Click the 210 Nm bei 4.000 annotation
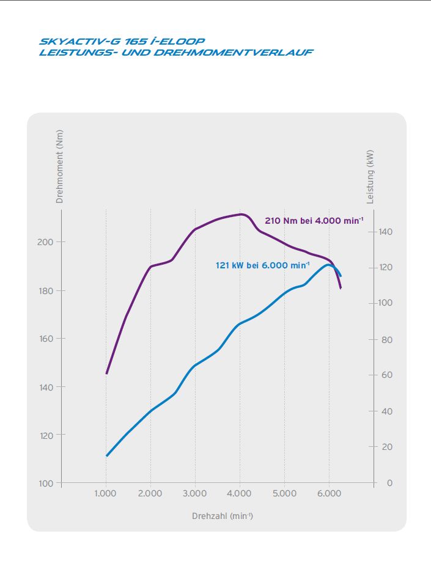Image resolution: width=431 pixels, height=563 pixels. (314, 221)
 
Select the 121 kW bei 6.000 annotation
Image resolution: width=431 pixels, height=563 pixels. (263, 266)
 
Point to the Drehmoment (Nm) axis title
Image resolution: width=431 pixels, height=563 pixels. (59, 166)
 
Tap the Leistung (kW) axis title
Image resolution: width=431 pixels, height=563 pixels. (370, 177)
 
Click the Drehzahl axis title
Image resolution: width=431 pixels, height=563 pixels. (223, 516)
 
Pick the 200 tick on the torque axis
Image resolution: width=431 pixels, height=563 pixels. (46, 242)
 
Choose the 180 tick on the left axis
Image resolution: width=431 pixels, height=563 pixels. (46, 290)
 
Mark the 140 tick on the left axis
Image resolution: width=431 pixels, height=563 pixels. (46, 387)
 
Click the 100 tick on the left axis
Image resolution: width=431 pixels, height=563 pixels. (46, 484)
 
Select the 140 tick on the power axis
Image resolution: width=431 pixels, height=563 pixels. (386, 232)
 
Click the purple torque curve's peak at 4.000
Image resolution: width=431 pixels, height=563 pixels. (241, 214)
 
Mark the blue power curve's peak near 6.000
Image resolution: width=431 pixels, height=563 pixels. (329, 265)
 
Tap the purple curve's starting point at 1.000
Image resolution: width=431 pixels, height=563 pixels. (106, 373)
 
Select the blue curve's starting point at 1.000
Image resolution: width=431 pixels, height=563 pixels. (106, 455)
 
